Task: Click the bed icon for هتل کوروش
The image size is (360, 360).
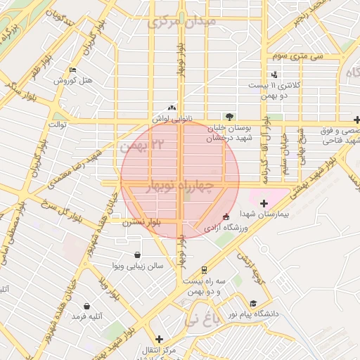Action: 73,70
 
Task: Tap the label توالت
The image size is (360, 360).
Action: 56,124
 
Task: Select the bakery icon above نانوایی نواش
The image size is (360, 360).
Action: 172,108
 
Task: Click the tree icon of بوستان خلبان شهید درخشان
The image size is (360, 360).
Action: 229,117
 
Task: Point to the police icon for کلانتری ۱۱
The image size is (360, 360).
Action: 274,75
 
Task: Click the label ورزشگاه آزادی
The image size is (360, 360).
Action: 226,229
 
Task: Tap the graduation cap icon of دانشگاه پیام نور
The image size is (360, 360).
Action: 252,303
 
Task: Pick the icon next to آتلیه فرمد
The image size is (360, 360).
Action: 86,307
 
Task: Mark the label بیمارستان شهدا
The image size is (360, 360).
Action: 264,212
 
